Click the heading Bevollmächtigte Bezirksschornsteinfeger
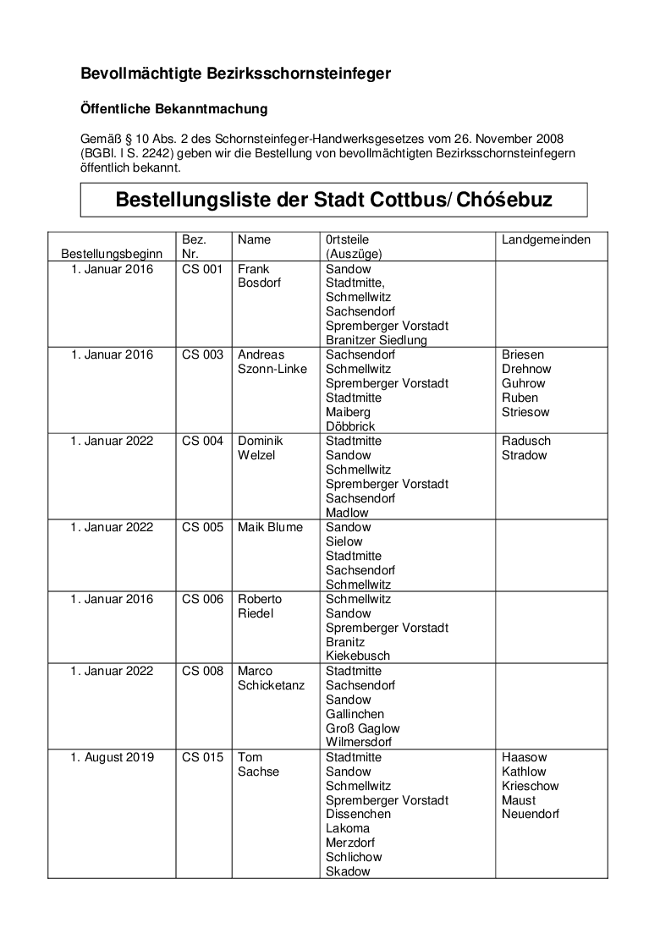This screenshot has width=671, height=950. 235,74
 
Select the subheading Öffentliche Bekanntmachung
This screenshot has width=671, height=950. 173,109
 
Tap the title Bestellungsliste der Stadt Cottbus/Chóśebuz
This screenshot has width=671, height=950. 333,200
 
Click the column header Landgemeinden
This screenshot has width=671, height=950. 546,239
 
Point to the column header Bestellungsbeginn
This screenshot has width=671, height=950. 112,254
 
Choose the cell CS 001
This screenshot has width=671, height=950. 202,269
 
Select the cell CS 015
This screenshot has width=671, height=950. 202,757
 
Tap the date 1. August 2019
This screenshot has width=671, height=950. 112,757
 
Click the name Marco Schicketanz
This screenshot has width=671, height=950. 270,678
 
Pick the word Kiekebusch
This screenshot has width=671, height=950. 358,656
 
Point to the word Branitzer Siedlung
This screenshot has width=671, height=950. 376,340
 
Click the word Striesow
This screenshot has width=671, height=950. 525,412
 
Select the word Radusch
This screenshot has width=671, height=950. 525,441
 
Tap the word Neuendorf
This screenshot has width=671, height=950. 531,814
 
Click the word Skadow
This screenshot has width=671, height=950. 348,871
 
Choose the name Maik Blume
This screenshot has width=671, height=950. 270,527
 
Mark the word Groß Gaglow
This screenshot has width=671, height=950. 362,728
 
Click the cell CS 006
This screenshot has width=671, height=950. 202,599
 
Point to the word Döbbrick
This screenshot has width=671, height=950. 350,426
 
